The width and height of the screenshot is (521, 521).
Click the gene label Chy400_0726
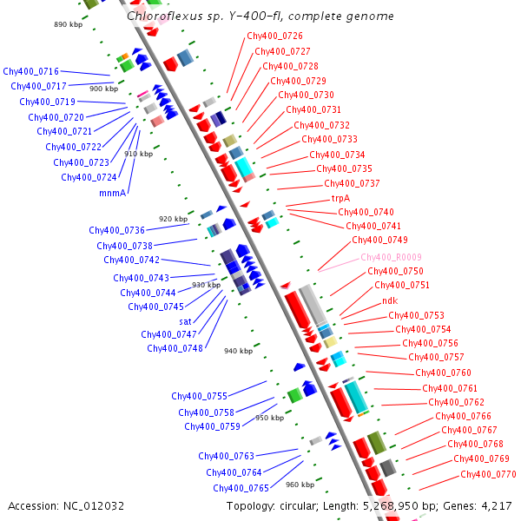click(274, 36)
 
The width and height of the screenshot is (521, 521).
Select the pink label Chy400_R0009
click(390, 257)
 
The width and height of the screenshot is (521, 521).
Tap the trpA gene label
click(340, 198)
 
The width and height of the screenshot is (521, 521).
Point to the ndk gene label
click(390, 300)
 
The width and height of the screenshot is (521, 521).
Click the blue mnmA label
click(113, 193)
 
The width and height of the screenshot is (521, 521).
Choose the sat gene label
click(185, 320)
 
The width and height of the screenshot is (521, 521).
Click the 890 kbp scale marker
click(67, 25)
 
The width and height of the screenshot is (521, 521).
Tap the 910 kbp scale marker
click(138, 154)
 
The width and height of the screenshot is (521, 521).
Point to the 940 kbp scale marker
click(238, 351)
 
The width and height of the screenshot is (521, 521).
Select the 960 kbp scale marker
click(300, 485)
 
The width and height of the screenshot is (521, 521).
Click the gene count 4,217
click(496, 505)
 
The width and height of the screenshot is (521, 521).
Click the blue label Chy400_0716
click(30, 71)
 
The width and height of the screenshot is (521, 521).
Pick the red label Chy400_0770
click(488, 474)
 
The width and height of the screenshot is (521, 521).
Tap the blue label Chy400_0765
click(241, 488)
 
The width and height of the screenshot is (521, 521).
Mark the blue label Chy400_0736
click(116, 231)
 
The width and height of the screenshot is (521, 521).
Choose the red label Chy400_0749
click(379, 240)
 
